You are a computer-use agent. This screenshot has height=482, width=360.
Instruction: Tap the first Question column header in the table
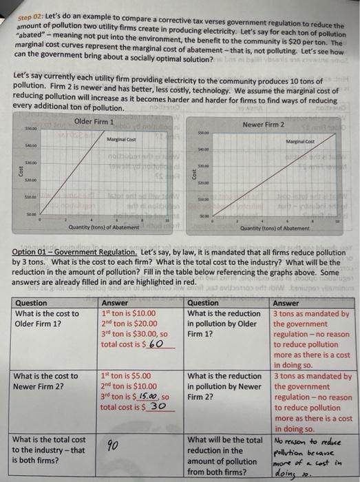32,303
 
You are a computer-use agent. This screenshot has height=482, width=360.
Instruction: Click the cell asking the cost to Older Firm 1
47,319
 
